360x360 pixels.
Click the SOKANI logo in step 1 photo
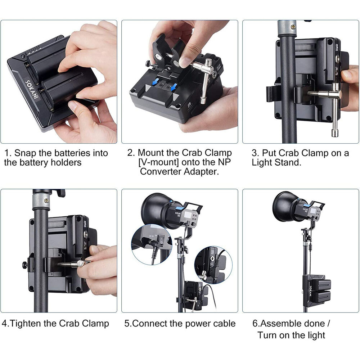(32, 90)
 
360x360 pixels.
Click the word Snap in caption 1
(25, 153)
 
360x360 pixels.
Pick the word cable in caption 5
(224, 324)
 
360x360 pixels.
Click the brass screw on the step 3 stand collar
(293, 27)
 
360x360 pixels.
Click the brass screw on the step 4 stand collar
(46, 200)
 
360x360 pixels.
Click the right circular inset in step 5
(213, 265)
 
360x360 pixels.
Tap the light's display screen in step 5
(189, 215)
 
